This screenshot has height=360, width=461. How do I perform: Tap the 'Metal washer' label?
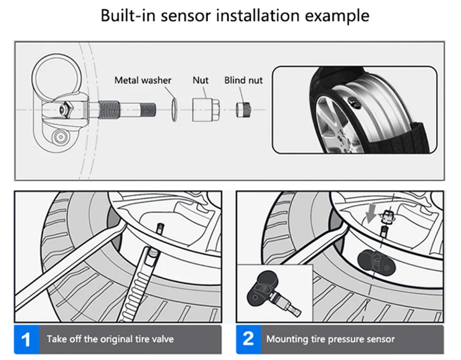[142, 81]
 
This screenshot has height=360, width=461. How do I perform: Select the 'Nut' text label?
[200, 81]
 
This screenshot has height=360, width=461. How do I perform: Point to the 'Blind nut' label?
[243, 81]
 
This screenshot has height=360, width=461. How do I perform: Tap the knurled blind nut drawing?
[243, 109]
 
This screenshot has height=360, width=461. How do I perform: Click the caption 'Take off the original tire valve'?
[109, 338]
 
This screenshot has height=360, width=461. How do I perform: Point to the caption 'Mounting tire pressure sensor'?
[330, 338]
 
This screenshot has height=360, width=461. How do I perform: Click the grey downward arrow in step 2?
[371, 213]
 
